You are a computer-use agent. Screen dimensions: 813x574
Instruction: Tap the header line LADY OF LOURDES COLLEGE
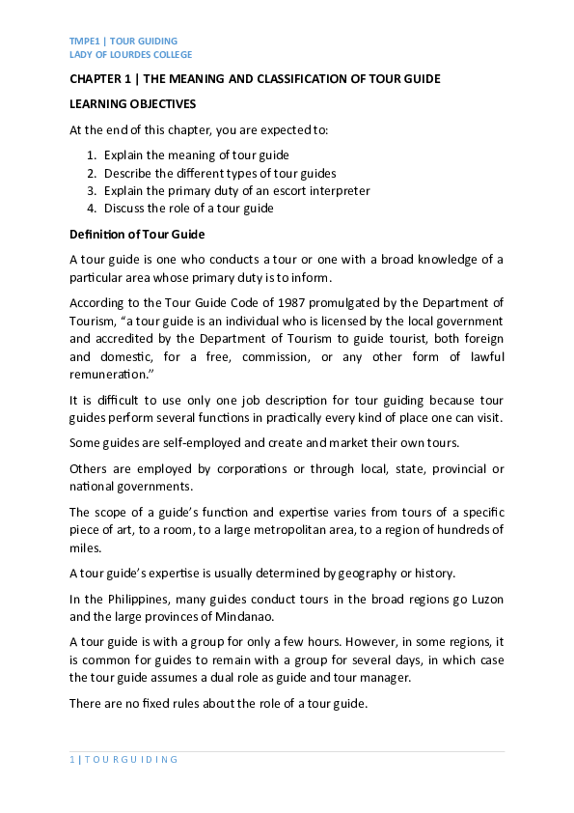click(130, 55)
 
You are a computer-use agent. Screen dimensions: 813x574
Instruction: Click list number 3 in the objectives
click(91, 190)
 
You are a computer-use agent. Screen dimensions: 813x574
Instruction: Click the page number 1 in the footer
click(72, 759)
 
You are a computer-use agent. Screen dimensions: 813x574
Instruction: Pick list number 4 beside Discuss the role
click(91, 208)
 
